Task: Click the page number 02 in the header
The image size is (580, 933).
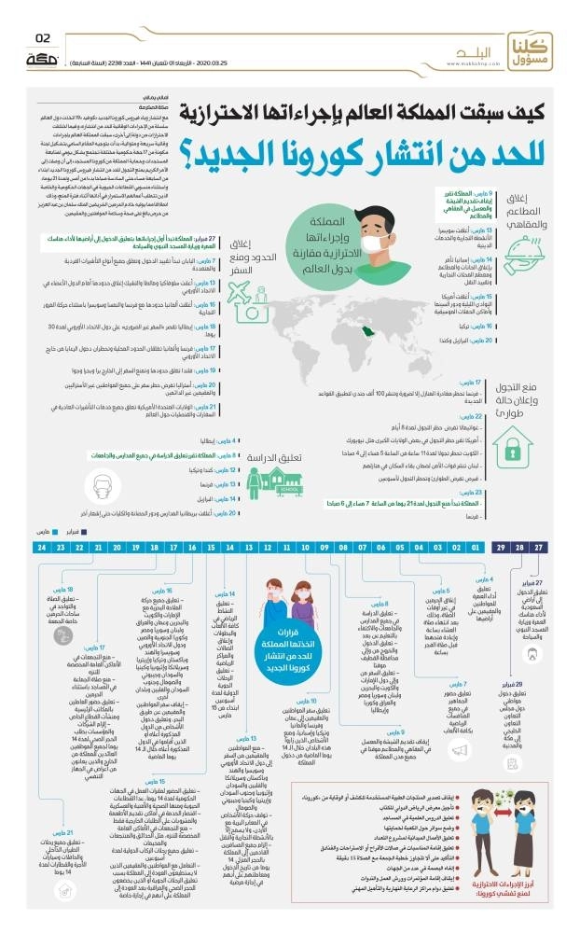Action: [x=42, y=38]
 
